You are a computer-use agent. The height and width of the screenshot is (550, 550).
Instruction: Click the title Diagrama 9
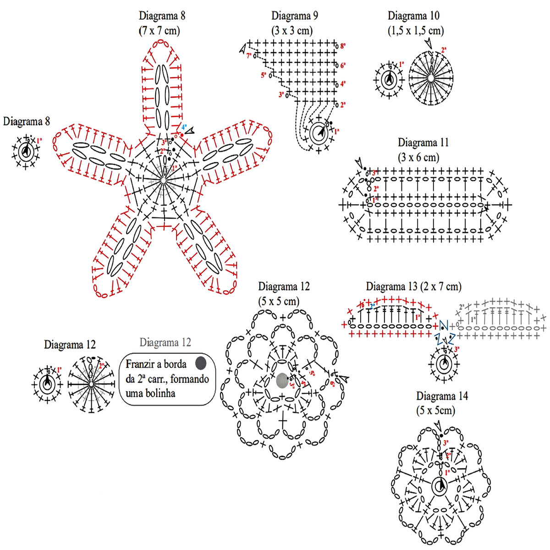point(295,16)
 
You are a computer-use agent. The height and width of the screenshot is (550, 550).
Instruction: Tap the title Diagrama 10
point(413,16)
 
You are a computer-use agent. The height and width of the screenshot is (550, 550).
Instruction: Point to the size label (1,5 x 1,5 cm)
point(416,31)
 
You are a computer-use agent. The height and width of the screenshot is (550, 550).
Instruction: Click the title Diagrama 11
point(423,143)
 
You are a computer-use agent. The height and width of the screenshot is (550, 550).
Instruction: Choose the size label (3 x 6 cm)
point(418,158)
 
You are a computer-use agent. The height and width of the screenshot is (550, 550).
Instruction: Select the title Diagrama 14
point(442,396)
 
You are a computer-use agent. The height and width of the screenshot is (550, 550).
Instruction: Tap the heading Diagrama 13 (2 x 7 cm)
point(413,287)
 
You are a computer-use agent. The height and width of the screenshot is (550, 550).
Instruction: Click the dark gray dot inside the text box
point(200,363)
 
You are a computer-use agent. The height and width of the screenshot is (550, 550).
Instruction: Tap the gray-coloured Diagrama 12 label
point(165,342)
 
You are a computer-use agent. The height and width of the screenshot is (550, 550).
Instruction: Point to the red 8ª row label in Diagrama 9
point(342,46)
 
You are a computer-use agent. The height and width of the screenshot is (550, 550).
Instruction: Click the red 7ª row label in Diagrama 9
point(249,55)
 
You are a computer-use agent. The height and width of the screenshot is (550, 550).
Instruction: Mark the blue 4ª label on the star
point(184,127)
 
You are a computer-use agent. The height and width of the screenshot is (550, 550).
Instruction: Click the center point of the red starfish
point(163,181)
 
